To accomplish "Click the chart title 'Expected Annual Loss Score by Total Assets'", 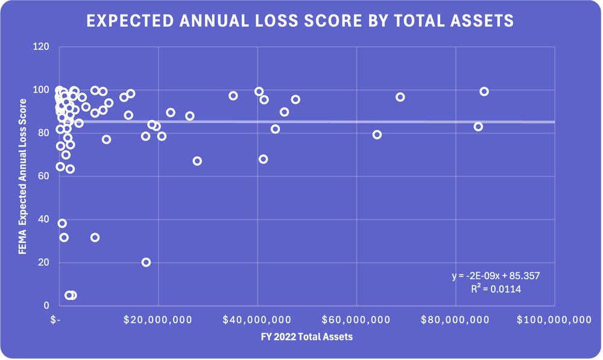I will [x=300, y=21].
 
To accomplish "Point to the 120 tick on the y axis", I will [x=42, y=46].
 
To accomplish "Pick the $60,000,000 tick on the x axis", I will [x=356, y=320].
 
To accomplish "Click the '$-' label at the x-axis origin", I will [x=55, y=320].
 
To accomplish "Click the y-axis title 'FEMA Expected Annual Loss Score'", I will [x=22, y=176].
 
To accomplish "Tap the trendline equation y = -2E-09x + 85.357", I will [x=495, y=276].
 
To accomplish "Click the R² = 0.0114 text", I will [x=496, y=289].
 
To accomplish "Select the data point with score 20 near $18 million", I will [x=146, y=262].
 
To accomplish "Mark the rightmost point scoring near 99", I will [x=484, y=92].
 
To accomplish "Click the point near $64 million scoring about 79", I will [x=377, y=134].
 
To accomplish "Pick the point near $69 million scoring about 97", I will [x=400, y=97].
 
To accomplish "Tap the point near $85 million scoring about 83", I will [x=478, y=127].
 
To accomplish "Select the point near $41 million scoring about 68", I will [x=263, y=159].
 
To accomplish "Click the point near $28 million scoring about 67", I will [x=197, y=161].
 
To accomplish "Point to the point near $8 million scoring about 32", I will [x=95, y=238].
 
